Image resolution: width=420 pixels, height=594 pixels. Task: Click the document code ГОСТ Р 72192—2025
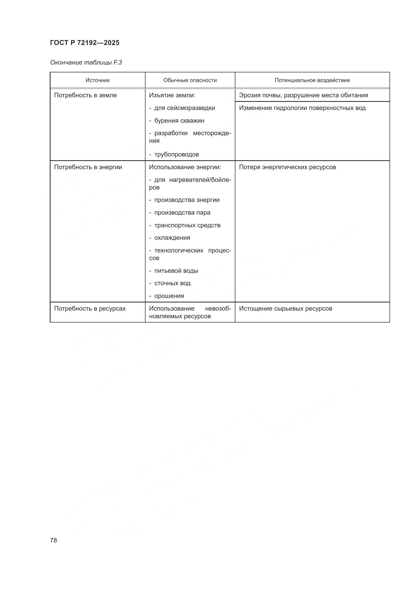point(85,43)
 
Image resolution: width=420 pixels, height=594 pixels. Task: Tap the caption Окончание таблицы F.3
point(86,62)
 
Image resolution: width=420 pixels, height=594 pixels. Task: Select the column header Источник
point(98,80)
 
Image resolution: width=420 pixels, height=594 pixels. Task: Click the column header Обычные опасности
point(190,80)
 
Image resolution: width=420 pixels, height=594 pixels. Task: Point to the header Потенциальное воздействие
point(312,80)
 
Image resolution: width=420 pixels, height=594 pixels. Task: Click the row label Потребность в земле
point(85,95)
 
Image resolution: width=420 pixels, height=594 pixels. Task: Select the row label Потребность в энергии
point(88,167)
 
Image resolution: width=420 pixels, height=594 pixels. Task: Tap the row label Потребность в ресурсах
point(90,308)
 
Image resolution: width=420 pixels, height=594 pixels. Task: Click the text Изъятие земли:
point(172,95)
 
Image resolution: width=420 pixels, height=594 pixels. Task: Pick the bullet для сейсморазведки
point(184,108)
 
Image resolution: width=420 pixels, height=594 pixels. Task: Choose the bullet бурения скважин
point(179,121)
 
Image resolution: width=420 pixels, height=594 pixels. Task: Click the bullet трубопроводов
point(176,154)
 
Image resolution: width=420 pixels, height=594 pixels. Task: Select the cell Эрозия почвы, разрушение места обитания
point(303,95)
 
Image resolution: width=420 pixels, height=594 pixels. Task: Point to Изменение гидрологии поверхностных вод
point(302,108)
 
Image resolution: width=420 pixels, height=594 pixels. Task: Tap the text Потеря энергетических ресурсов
point(287,167)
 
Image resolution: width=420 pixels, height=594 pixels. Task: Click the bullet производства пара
point(182,212)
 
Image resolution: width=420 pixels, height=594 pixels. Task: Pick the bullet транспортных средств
point(187,225)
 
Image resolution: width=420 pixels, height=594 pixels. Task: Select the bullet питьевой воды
point(176,271)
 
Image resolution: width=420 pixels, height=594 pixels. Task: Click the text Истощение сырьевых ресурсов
point(285,308)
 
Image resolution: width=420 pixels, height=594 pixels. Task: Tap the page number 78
point(54,540)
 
